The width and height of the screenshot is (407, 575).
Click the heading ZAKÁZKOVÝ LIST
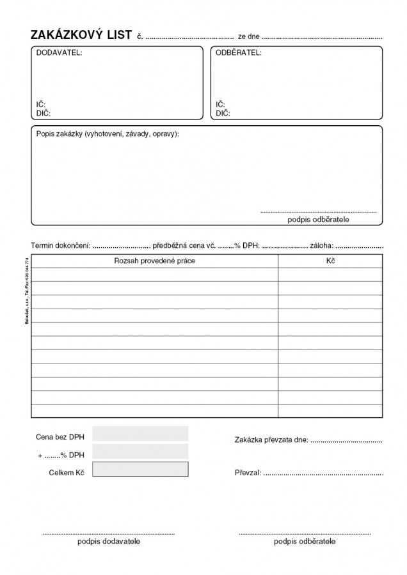(x=81, y=35)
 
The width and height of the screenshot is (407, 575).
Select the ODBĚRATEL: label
(x=238, y=53)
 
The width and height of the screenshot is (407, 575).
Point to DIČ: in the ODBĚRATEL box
(x=223, y=113)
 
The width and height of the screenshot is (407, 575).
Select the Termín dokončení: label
(x=61, y=245)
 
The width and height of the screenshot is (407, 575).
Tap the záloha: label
(x=321, y=245)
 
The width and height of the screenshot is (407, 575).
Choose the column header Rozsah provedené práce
(x=154, y=261)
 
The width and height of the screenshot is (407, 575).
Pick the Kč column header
(x=330, y=261)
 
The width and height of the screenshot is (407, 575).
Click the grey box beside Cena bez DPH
(x=140, y=434)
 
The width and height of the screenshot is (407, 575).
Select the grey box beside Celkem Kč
(x=140, y=470)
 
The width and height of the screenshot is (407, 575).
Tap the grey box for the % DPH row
(x=140, y=452)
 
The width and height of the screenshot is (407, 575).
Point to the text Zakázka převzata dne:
(x=271, y=440)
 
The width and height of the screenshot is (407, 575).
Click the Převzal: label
(x=248, y=473)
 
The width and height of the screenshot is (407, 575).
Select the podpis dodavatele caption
(x=108, y=541)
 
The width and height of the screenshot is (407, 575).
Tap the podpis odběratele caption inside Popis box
(x=318, y=219)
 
